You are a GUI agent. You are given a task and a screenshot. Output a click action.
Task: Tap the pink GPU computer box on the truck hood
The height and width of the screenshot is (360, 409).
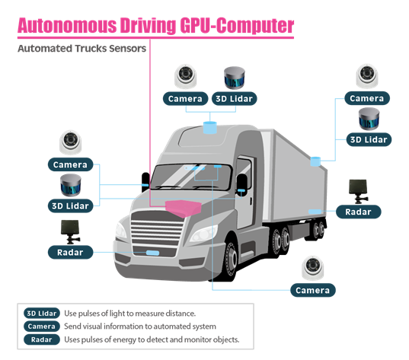[182, 205]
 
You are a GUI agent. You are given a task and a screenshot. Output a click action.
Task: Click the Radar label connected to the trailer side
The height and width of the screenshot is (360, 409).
[358, 212]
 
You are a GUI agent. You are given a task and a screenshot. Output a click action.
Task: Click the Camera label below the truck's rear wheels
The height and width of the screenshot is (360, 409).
[312, 290]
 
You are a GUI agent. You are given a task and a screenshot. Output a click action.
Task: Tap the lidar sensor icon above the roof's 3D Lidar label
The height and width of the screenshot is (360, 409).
[235, 77]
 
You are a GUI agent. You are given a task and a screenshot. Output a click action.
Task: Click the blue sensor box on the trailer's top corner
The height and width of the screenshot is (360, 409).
[314, 161]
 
